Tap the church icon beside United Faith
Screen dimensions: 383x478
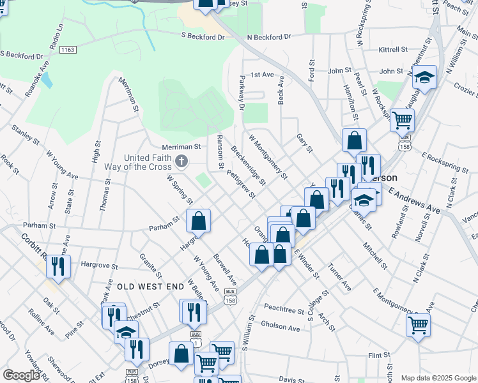click(x=181, y=161)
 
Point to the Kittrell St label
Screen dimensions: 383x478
click(x=392, y=49)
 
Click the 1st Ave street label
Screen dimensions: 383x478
click(x=261, y=75)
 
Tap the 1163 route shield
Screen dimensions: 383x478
click(x=67, y=49)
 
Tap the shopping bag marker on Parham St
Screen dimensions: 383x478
click(x=199, y=221)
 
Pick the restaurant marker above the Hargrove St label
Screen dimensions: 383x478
click(x=58, y=266)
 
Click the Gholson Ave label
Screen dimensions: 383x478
click(x=280, y=327)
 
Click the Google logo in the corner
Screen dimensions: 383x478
click(x=21, y=375)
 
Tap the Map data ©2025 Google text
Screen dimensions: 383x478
click(x=439, y=378)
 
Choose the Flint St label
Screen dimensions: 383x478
click(x=378, y=355)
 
